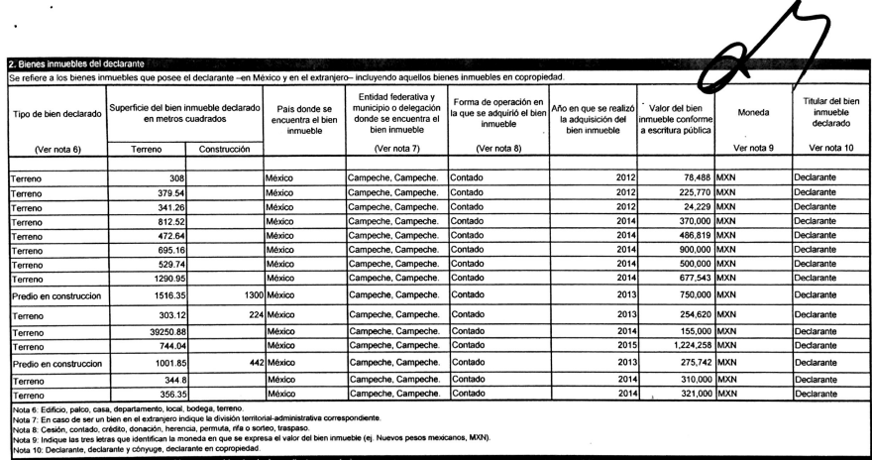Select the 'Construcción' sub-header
[x=225, y=150]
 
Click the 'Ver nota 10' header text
[x=830, y=150]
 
